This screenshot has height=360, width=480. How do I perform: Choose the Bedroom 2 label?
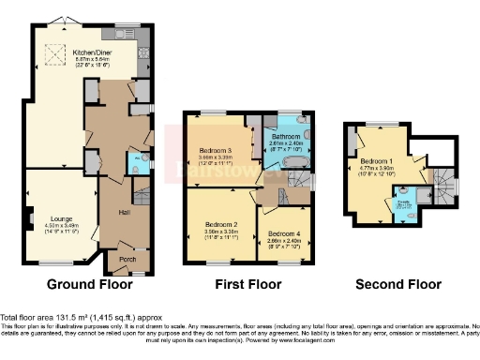pyautogui.click(x=220, y=225)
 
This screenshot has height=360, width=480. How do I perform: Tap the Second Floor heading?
pyautogui.click(x=395, y=284)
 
